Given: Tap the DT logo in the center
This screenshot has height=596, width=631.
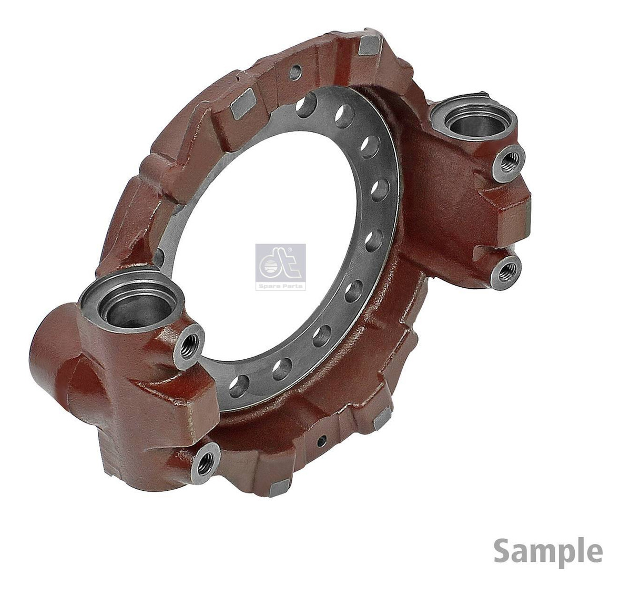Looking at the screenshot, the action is (280, 267).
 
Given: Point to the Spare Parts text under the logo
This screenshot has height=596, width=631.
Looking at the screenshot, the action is (280, 286).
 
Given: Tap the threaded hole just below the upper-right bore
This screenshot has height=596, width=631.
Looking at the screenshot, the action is (509, 164).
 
